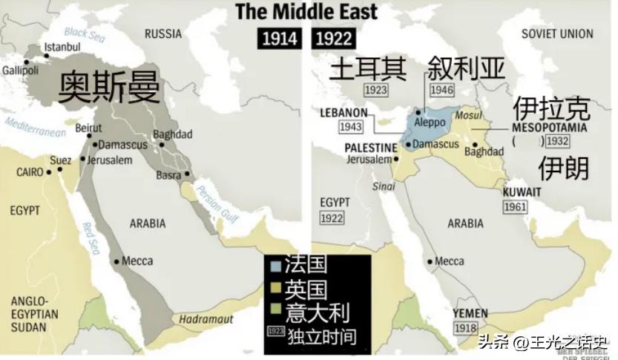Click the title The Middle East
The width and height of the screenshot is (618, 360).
[306, 11]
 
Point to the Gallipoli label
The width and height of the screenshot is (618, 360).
[20, 71]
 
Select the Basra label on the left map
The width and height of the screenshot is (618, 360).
[169, 176]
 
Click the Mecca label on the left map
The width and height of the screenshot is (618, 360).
[137, 261]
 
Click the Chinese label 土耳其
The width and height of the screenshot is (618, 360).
[369, 68]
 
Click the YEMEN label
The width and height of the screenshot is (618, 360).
[470, 313]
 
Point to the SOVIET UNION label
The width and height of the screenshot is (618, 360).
[557, 33]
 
